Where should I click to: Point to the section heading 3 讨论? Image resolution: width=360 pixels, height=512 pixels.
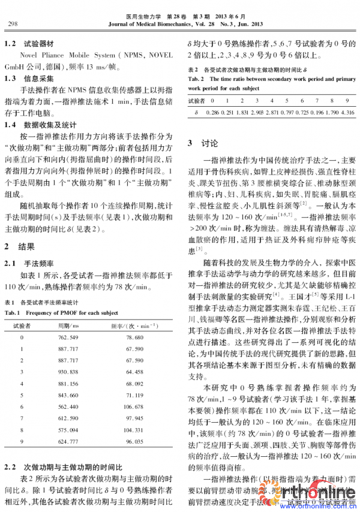click(200, 144)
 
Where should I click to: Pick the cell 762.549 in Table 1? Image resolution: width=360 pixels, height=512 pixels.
click(68, 338)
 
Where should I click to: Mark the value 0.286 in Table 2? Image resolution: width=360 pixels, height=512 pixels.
click(213, 113)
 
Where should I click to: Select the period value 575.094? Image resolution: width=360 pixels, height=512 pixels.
click(68, 430)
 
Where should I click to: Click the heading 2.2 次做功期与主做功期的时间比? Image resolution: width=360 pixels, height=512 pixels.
click(63, 466)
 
